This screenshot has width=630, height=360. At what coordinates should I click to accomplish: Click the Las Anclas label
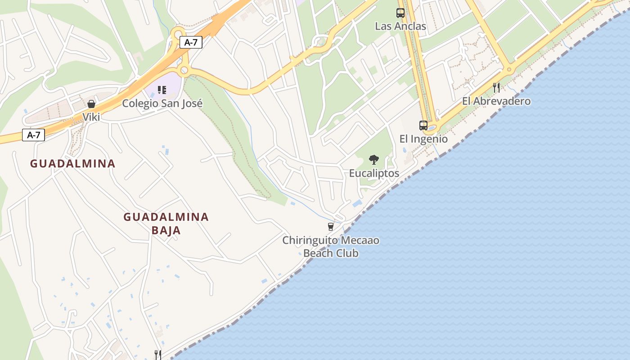(400, 26)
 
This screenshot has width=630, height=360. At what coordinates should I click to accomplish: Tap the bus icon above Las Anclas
(400, 13)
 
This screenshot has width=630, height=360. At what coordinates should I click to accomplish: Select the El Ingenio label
(423, 139)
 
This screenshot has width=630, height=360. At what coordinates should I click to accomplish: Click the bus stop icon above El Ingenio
(423, 125)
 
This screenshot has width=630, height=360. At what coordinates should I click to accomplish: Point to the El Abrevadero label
(496, 101)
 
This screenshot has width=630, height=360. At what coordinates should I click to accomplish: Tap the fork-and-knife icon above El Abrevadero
(496, 87)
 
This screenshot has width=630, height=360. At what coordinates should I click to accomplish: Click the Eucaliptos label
(374, 173)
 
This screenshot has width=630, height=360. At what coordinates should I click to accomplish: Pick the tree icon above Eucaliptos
(373, 159)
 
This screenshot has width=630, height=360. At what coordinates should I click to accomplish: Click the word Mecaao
(360, 240)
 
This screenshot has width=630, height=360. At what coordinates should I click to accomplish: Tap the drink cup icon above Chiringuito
(331, 226)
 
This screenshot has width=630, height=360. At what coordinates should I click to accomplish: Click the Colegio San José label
(162, 103)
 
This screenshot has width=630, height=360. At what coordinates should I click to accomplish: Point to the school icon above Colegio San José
(162, 90)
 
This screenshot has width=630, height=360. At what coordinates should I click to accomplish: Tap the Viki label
(91, 117)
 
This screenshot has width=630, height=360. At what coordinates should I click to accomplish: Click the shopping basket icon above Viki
(91, 104)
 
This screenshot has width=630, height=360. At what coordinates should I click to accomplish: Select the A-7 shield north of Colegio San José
(191, 42)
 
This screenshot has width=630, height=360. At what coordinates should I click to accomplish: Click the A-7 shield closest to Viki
(33, 135)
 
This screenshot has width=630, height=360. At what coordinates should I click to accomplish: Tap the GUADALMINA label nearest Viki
(73, 163)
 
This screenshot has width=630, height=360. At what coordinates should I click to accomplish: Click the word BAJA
(166, 230)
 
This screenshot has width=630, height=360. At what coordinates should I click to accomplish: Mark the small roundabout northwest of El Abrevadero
(509, 70)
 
